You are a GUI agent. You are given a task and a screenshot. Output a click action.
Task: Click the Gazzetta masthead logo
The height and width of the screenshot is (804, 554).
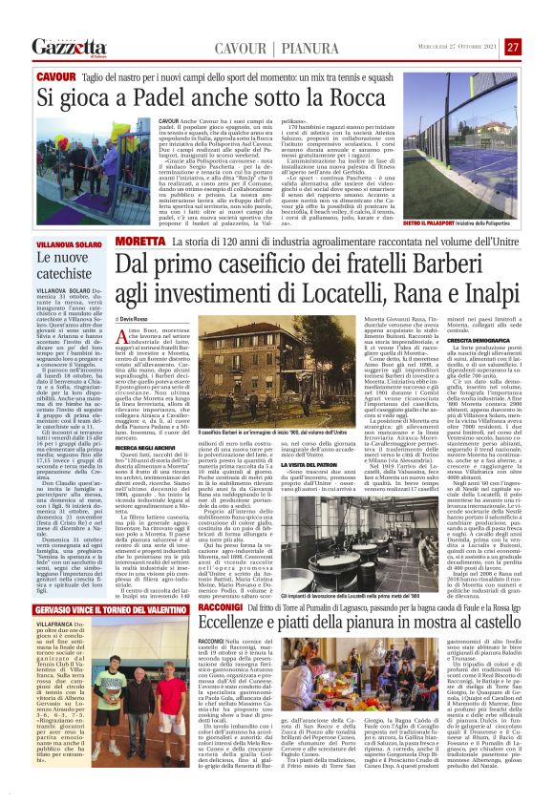(x=66, y=47)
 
